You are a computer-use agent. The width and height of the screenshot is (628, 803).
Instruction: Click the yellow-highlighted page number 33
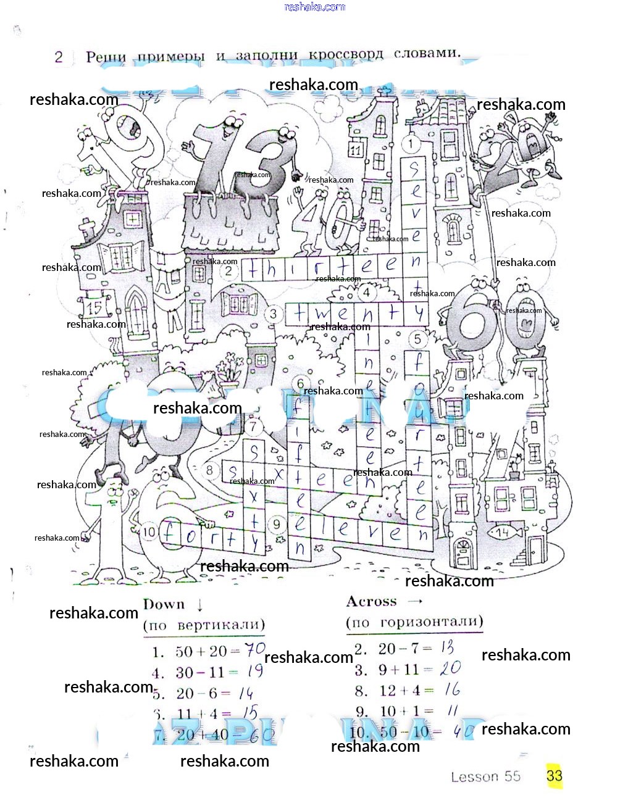coord(554,775)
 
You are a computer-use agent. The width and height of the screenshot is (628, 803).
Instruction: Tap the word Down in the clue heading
coord(164,604)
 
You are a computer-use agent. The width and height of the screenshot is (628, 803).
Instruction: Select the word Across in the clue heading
coord(371,601)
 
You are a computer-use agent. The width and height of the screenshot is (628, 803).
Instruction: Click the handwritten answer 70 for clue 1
coord(255,650)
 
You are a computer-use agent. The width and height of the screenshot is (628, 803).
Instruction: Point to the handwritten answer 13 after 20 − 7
coord(447,647)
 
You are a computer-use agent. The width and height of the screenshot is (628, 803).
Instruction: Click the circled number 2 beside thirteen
coord(229,270)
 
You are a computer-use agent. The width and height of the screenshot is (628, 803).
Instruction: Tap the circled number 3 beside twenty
coord(274,314)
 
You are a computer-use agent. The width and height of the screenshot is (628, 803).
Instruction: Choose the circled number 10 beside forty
coord(149,531)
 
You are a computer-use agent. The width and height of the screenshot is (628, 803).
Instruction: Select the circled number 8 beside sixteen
coord(210,471)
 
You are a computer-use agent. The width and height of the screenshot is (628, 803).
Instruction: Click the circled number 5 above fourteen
coord(417,339)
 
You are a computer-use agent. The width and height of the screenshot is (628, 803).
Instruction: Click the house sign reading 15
coord(94,307)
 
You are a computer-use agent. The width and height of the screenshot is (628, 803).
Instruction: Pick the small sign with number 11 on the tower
coord(355,149)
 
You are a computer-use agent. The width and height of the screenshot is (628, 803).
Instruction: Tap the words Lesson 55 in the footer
coord(485,776)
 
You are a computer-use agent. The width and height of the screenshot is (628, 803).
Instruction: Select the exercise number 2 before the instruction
coord(59,57)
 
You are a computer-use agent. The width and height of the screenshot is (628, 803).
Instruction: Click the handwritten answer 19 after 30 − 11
coord(254,671)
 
